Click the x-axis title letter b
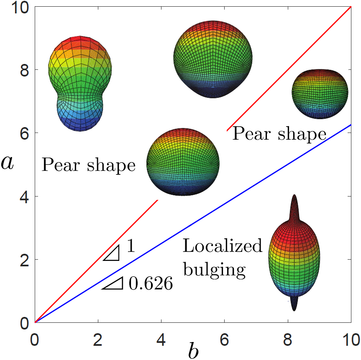click(x=193, y=350)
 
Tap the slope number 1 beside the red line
click(x=130, y=247)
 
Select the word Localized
click(x=222, y=246)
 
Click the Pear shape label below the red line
click(x=279, y=134)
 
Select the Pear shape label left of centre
click(x=89, y=166)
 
